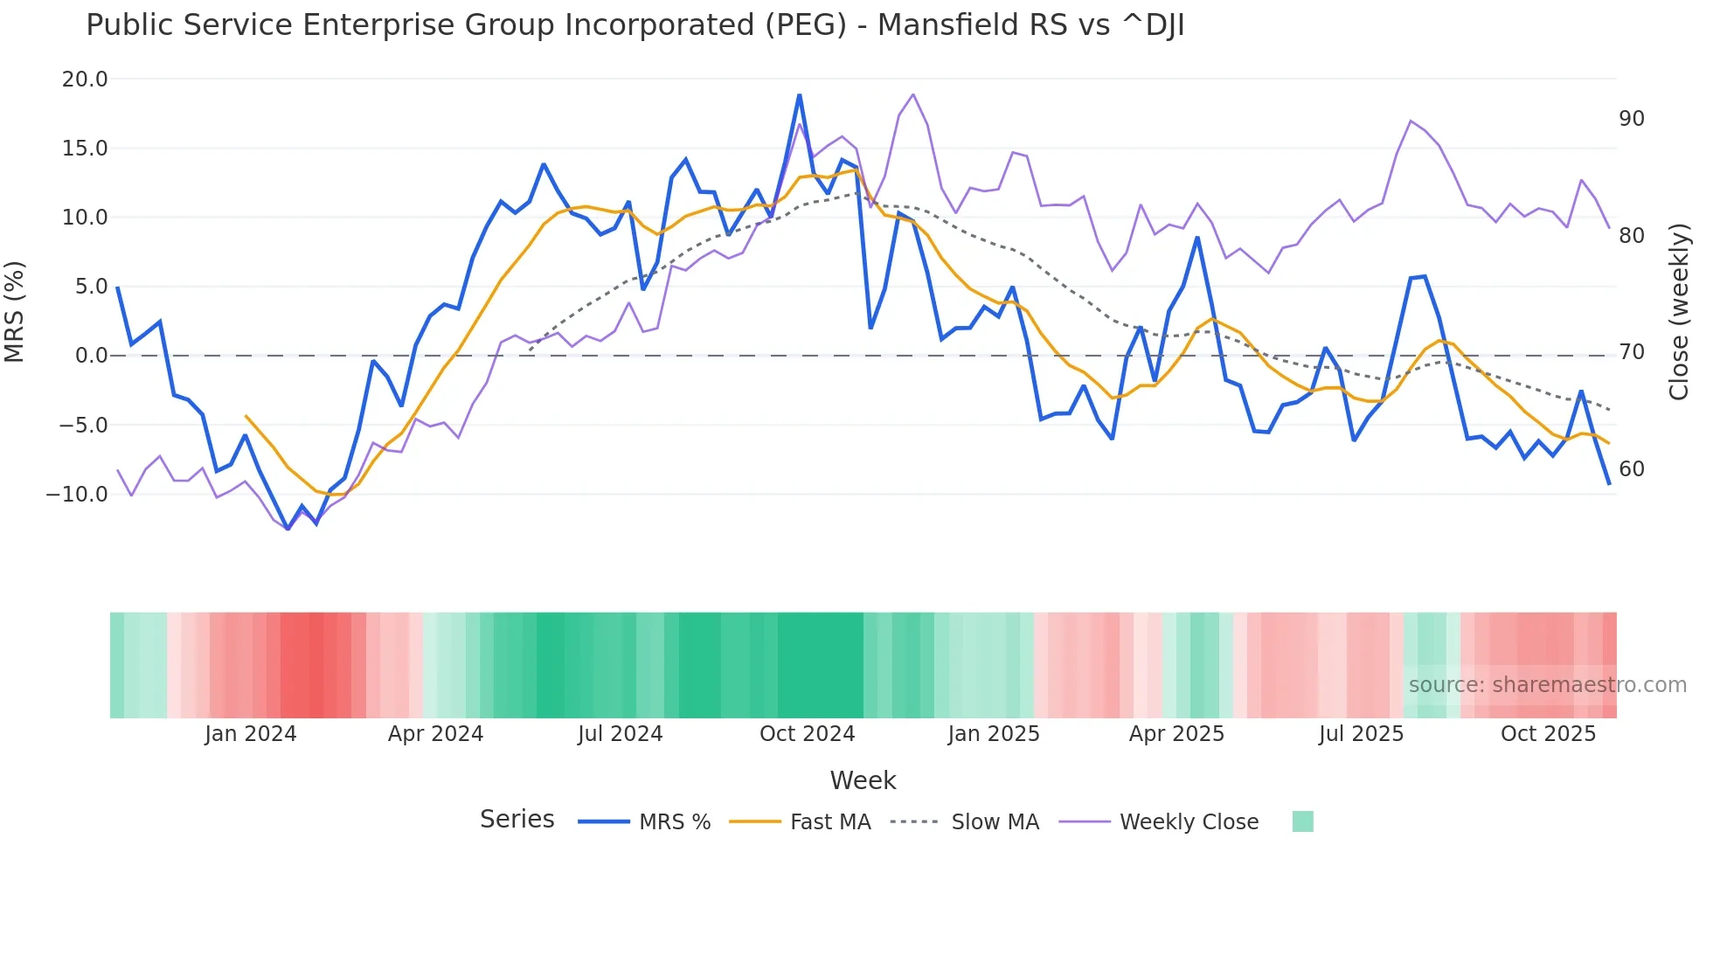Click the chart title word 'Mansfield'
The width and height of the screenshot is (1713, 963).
(948, 25)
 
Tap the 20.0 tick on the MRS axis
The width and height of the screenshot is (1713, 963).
(85, 80)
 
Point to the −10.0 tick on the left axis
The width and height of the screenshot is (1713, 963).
(77, 495)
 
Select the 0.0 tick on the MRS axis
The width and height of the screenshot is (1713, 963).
(91, 356)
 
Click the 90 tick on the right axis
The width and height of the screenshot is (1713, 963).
(1632, 119)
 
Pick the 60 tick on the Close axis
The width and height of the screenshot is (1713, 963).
(1632, 469)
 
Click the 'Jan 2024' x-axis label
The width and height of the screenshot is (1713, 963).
(251, 734)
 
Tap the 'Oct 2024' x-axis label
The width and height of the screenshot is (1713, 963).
(807, 734)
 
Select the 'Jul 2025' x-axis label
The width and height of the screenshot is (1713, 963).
(1361, 734)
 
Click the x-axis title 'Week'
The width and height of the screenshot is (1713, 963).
(863, 780)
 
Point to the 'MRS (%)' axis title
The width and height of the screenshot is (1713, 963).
(15, 311)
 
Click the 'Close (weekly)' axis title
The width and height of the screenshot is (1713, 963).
(1679, 312)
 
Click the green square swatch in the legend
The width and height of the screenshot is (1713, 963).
(1302, 821)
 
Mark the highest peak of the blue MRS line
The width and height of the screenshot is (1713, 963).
(799, 95)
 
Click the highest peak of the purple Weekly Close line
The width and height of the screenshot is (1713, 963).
(913, 94)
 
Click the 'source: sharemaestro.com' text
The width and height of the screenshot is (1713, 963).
(1547, 685)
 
